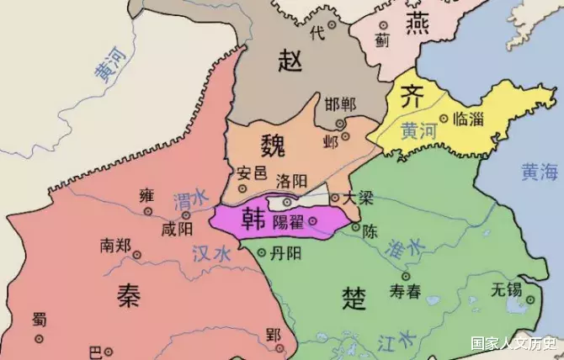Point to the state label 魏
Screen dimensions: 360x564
274,140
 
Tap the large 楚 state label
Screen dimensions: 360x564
354,295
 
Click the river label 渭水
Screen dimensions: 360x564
189,201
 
